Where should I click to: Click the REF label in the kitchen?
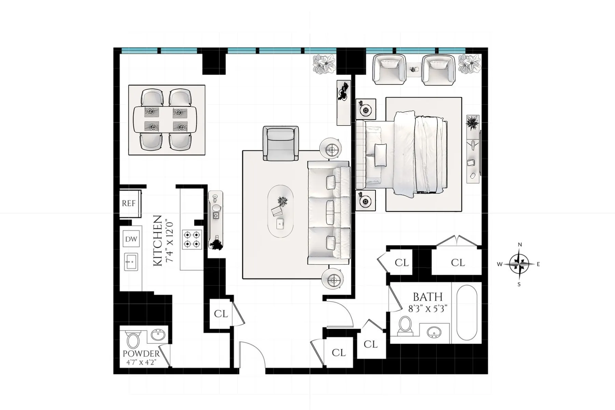[x=129, y=203]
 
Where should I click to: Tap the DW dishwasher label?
[x=131, y=239]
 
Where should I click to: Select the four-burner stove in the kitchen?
[x=192, y=239]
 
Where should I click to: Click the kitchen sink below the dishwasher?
[x=131, y=262]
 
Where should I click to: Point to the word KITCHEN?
[x=157, y=241]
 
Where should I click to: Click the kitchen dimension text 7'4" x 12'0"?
[x=170, y=241]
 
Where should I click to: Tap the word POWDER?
[x=141, y=354]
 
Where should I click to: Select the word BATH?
[x=427, y=297]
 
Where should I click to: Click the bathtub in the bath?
[x=466, y=313]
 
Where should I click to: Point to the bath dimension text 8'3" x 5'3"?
[x=428, y=309]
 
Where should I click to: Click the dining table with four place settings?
[x=165, y=120]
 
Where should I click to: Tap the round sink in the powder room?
[x=158, y=335]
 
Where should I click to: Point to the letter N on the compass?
[x=520, y=245]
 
